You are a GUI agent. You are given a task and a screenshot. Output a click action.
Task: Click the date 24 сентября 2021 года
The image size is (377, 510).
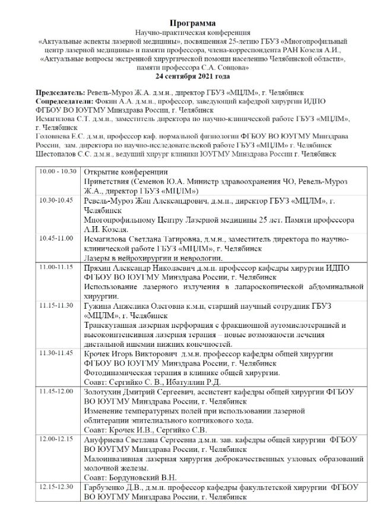pos(188,77)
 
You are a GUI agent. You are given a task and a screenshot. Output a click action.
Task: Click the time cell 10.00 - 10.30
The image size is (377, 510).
pos(58,172)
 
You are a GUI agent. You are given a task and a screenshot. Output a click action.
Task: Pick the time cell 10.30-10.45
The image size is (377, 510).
pos(56,201)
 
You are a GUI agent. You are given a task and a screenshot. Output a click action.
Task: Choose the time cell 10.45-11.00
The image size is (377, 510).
pos(56,238)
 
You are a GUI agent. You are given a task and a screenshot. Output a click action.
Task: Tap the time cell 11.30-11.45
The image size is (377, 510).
pos(56,353)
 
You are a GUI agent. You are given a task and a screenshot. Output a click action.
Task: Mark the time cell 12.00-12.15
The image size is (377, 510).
pos(56,438)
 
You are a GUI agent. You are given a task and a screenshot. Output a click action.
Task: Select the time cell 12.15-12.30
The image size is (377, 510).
pos(56,486)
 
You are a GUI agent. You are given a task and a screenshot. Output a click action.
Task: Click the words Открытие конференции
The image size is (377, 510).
pos(121,172)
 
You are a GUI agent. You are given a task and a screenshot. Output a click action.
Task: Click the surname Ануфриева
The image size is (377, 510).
pos(106,439)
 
